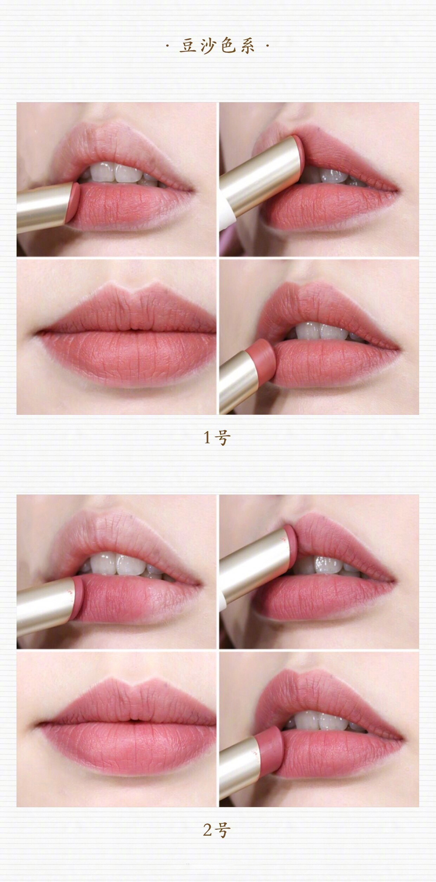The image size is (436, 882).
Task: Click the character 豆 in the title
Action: pos(188,46)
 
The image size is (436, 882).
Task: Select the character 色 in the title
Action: pos(228,46)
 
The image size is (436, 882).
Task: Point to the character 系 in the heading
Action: pos(248,46)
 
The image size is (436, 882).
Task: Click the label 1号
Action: pos(217,438)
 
